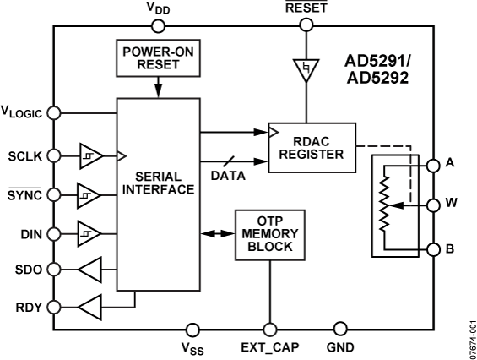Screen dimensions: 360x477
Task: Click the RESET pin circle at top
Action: [306, 25]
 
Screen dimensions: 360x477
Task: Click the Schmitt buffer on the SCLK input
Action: [89, 155]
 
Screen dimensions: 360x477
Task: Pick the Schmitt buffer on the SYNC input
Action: [89, 194]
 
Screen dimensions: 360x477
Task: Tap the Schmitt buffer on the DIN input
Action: [89, 232]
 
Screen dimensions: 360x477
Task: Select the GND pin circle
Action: [341, 328]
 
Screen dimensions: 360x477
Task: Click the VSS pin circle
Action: [192, 328]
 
